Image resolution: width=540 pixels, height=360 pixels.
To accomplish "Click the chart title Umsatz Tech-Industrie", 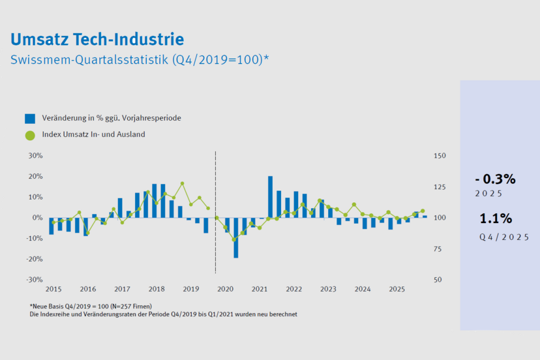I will [x=97, y=39].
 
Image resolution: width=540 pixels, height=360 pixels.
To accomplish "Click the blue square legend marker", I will [x=30, y=119].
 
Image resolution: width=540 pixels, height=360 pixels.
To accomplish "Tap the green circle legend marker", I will [x=30, y=135].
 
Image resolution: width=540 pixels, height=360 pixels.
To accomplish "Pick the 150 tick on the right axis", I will [x=440, y=156].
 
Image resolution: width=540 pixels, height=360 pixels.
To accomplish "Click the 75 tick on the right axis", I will [x=438, y=249].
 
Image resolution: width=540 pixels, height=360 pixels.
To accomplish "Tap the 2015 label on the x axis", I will [x=53, y=289].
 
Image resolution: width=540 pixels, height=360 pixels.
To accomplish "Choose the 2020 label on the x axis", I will [x=226, y=289].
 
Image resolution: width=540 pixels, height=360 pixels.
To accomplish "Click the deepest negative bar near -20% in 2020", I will [x=235, y=237].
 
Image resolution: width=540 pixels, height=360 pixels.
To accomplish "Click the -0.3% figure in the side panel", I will [x=495, y=179].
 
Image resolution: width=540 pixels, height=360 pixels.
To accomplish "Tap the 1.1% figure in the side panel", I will [x=496, y=218].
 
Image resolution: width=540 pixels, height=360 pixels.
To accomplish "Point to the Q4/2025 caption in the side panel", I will [x=503, y=237].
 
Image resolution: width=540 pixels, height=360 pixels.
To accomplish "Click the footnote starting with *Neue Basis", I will [x=91, y=307].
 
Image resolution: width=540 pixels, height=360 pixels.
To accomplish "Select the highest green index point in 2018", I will [x=182, y=184].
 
